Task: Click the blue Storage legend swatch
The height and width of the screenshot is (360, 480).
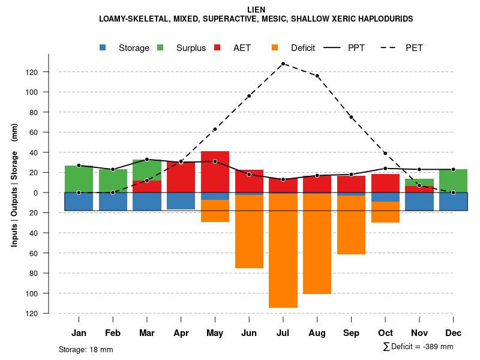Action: (x=103, y=47)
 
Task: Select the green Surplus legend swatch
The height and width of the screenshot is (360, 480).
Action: (x=160, y=47)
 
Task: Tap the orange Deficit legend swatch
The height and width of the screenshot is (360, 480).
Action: (x=275, y=47)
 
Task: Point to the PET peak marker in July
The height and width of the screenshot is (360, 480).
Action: (x=283, y=64)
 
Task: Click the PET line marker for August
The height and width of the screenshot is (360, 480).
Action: (x=317, y=76)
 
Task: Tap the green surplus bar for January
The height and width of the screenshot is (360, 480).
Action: (x=79, y=179)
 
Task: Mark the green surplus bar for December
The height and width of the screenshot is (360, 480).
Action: (x=453, y=181)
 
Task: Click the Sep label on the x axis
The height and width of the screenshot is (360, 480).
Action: (x=351, y=333)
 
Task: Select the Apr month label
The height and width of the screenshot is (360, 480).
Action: (x=181, y=333)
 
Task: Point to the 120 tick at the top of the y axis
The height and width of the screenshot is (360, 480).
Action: (x=49, y=72)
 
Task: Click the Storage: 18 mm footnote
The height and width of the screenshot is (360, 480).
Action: (x=86, y=349)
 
